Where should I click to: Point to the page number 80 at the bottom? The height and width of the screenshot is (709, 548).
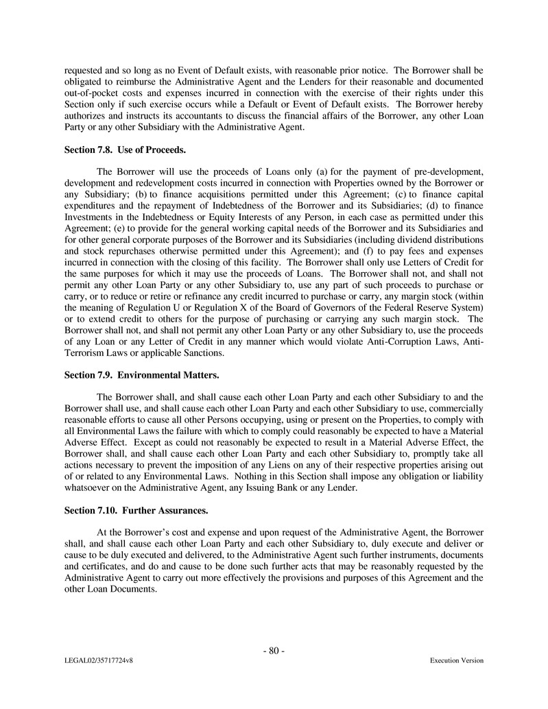coord(274,651)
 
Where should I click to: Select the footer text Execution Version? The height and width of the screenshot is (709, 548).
coord(456,661)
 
